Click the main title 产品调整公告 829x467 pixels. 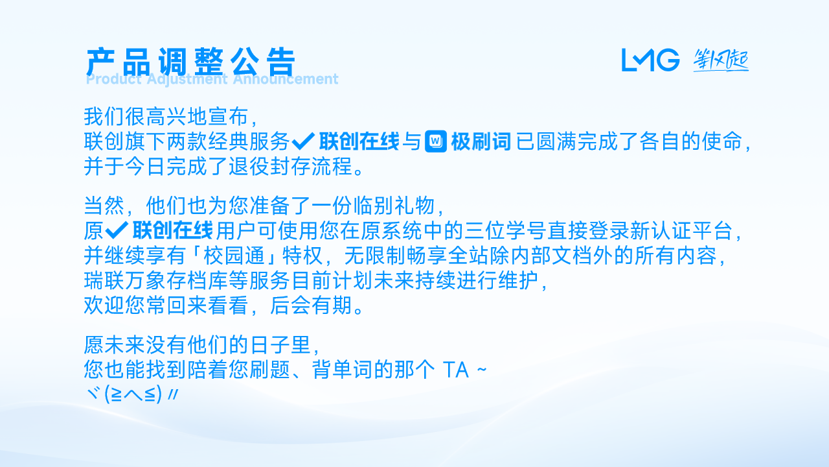tap(190, 62)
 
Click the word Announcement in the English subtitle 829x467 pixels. tap(286, 79)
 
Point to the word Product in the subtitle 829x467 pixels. tap(113, 79)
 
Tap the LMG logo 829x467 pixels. tap(650, 60)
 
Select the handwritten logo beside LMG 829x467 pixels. tap(721, 60)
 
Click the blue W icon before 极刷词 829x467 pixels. tap(436, 141)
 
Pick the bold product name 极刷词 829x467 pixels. tap(481, 141)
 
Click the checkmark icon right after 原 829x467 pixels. tap(117, 230)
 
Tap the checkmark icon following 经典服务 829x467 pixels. tap(304, 141)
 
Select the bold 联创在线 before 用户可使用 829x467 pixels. tap(172, 230)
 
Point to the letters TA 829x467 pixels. tap(456, 370)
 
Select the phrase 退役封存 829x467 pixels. tap(270, 166)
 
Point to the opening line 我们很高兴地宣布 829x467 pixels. tap(166, 116)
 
